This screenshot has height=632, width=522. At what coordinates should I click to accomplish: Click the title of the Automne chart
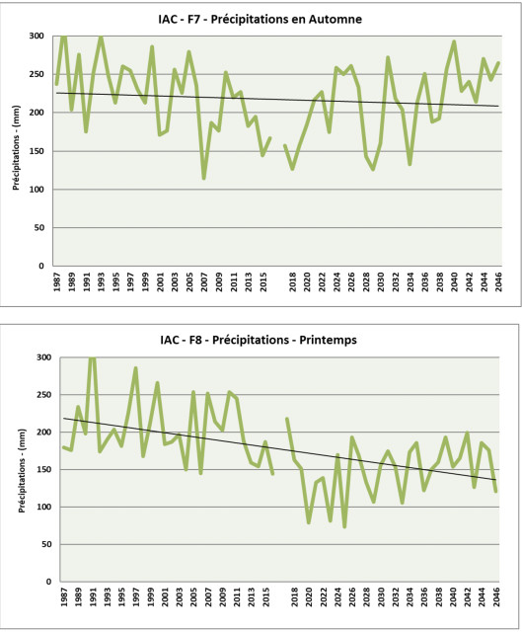[x=261, y=20]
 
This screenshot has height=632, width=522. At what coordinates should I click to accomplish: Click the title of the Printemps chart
[x=259, y=340]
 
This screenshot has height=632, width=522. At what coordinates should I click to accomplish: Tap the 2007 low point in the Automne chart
[x=204, y=178]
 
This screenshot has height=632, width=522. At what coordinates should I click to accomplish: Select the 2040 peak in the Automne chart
[x=454, y=41]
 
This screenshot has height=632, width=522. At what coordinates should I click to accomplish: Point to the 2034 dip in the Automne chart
[x=410, y=164]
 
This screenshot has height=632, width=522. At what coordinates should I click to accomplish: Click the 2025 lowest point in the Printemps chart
[x=344, y=526]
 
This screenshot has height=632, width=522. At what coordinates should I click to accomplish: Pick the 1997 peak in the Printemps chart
[x=136, y=368]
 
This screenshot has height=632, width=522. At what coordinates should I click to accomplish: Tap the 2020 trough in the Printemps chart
[x=309, y=522]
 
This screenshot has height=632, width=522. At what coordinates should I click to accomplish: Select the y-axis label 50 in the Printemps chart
[x=46, y=544]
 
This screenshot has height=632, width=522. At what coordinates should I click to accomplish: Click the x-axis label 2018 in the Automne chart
[x=293, y=282]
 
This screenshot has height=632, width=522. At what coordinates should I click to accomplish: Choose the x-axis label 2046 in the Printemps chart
[x=496, y=596]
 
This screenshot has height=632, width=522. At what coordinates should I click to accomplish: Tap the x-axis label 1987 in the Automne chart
[x=57, y=282]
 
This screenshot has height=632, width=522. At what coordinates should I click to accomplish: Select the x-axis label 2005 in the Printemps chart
[x=193, y=596]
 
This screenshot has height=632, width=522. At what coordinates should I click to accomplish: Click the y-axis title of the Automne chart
[x=16, y=147]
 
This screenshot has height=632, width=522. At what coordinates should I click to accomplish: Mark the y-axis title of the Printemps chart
[x=22, y=471]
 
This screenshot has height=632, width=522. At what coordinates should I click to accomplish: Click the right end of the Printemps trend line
[x=495, y=480]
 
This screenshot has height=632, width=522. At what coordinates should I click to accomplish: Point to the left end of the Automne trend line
[x=56, y=93]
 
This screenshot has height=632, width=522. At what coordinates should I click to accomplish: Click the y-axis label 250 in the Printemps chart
[x=43, y=395]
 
